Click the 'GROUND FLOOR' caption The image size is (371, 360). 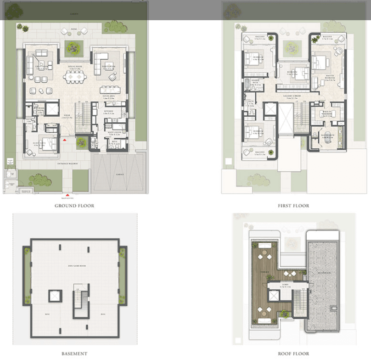tap(74, 206)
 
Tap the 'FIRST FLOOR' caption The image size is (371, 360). tap(293, 206)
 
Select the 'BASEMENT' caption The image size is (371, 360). tap(74, 354)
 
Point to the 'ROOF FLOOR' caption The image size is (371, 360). tap(293, 354)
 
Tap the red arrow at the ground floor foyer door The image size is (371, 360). tap(66, 139)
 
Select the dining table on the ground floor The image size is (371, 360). tap(74, 78)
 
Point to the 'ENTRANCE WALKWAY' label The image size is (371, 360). tap(67, 163)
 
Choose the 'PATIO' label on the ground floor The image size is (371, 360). tap(74, 28)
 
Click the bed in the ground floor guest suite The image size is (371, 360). tap(49, 144)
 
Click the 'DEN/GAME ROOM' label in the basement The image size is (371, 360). tap(74, 266)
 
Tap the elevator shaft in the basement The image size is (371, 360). tap(55, 296)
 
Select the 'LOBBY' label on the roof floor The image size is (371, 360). tap(280, 284)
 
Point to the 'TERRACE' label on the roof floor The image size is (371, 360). tap(265, 271)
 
